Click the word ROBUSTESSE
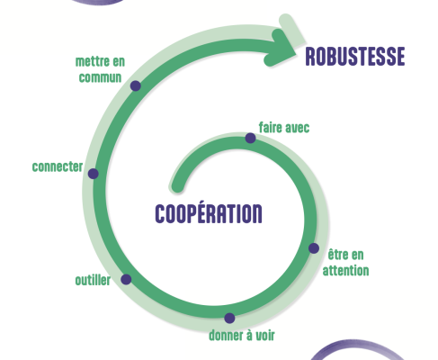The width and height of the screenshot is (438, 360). tap(355, 57)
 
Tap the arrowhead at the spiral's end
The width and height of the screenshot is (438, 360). tap(282, 48)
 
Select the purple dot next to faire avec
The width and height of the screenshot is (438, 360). tap(250, 139)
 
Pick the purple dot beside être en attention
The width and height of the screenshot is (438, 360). tap(314, 248)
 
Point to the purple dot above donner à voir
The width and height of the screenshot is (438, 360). tap(229, 318)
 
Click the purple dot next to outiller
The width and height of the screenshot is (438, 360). tap(126, 279)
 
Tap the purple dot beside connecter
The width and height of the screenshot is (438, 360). tap(94, 174)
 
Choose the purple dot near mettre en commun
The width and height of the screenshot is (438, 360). tap(136, 85)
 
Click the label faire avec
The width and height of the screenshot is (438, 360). tap(284, 128)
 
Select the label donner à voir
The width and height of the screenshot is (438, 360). tap(242, 335)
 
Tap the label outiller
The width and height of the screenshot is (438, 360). tap(93, 280)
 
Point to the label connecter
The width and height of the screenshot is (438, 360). tap(58, 166)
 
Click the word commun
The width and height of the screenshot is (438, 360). tap(100, 77)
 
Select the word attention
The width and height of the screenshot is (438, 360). tap(345, 270)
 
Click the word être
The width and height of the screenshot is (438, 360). tap(337, 255)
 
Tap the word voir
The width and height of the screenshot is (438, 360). tap(264, 336)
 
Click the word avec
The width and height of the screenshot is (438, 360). tap(297, 128)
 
